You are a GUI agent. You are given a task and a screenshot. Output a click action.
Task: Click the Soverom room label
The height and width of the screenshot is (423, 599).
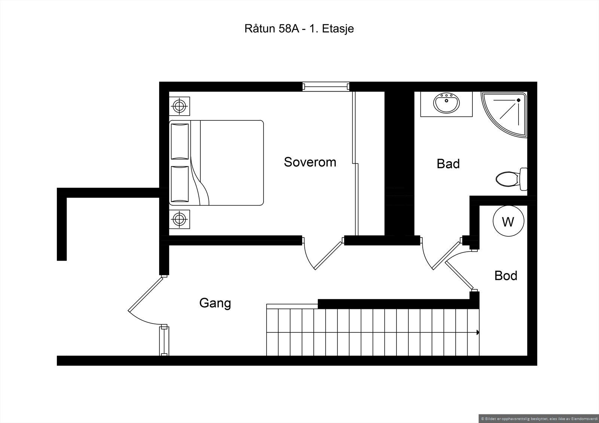pos(310,162)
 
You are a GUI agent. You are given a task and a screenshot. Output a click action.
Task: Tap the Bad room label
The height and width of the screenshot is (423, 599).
pos(448,163)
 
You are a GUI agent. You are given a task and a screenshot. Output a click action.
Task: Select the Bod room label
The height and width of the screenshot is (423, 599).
pos(506,276)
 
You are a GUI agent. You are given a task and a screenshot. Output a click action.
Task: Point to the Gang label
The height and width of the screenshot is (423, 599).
pos(215,303)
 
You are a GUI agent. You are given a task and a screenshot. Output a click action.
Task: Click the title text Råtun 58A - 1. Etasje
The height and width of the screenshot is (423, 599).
pos(299,28)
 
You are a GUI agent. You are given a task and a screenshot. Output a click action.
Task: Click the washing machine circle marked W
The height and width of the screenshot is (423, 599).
pos(508,221)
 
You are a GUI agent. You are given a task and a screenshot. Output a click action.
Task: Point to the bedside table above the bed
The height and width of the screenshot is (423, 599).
pos(179,106)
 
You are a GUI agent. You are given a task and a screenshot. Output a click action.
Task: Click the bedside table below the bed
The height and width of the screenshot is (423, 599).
pos(179,219)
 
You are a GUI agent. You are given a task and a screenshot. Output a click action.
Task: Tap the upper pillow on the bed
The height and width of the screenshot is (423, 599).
pos(180,142)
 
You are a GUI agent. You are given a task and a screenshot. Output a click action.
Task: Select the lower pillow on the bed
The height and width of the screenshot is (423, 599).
pos(180,184)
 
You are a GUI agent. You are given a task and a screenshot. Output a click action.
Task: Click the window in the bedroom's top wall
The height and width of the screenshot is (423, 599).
pos(326,86)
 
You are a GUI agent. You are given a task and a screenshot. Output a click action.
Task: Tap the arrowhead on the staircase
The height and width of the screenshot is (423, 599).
pos(478,332)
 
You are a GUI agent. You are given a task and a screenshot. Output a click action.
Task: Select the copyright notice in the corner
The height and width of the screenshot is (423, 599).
pos(538,419)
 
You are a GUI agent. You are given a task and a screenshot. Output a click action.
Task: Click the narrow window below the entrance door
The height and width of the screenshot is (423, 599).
pos(164,340)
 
